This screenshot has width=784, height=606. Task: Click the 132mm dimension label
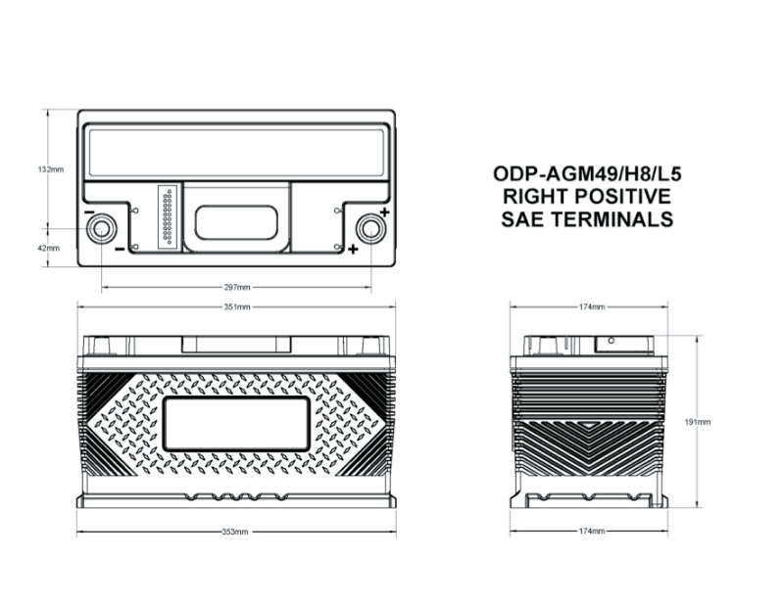(51, 169)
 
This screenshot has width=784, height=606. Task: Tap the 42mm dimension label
(49, 248)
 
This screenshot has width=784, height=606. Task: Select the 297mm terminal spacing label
(237, 287)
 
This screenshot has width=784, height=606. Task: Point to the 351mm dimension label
(237, 306)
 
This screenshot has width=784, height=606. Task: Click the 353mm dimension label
(235, 532)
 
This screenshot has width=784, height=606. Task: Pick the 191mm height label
(698, 422)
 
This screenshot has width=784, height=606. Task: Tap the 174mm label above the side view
(592, 306)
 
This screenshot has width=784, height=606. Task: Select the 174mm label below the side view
(592, 531)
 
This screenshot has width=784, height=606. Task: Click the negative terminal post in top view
(102, 229)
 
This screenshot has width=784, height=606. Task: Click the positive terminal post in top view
(371, 229)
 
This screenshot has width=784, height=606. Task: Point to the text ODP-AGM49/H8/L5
(587, 174)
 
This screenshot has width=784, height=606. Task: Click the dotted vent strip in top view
(167, 216)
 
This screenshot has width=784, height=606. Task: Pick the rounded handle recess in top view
(236, 222)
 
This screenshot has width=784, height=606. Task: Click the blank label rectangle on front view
(236, 424)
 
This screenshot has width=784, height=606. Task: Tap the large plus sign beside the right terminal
(384, 212)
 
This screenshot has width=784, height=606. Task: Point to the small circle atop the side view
(611, 341)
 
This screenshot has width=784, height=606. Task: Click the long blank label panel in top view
(236, 153)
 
